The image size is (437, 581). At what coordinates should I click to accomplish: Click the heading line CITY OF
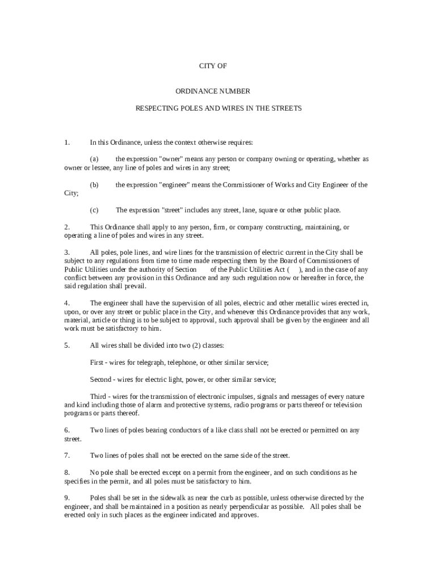tap(213, 66)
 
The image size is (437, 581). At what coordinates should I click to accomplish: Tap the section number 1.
tap(66, 142)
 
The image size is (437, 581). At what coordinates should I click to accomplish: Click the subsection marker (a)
tap(94, 159)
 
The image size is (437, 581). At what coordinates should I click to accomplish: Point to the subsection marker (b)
tap(94, 184)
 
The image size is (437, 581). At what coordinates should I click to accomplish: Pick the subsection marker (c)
tap(94, 210)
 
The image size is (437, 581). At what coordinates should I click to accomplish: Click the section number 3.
tap(66, 252)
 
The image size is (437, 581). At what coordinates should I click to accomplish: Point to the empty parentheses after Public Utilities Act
tap(294, 270)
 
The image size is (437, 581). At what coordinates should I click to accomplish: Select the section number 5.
tap(66, 345)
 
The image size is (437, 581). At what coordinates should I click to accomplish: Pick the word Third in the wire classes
tap(99, 396)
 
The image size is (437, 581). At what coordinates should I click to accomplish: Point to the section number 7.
tap(66, 455)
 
